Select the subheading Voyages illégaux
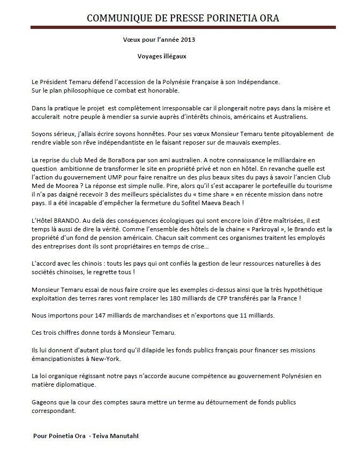[x=161, y=55]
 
